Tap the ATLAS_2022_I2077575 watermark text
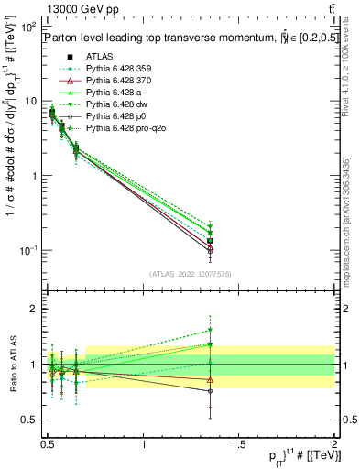[x=190, y=274]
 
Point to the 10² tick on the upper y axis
[x=30, y=27]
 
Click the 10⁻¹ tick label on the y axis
[x=30, y=250]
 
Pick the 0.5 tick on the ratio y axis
[x=31, y=421]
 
